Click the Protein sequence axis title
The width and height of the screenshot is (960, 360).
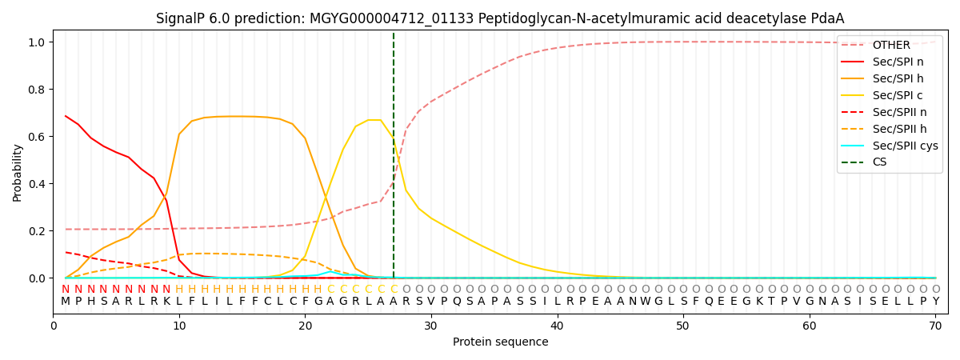pos(500,342)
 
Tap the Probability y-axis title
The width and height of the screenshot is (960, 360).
pos(17,172)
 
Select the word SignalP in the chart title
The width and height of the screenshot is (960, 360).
pos(181,18)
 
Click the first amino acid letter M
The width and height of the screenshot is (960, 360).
pos(66,302)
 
